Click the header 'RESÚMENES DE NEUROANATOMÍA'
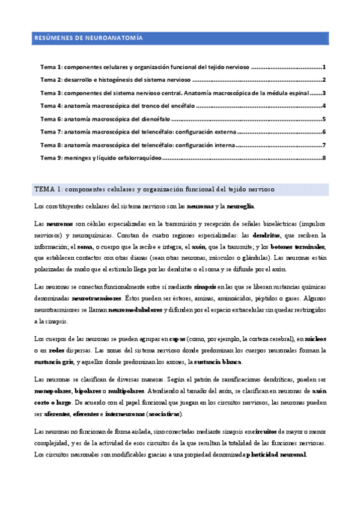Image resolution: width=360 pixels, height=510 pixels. coord(88,38)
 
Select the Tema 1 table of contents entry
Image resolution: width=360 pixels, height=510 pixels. coord(144,67)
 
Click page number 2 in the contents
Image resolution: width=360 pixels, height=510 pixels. coord(324,80)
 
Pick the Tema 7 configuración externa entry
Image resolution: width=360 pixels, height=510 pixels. coord(138,132)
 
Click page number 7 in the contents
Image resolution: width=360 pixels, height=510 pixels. coord(324,145)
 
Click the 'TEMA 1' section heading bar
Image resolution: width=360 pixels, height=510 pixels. coord(180,189)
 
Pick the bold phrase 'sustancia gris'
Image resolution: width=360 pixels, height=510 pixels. coord(56,361)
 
